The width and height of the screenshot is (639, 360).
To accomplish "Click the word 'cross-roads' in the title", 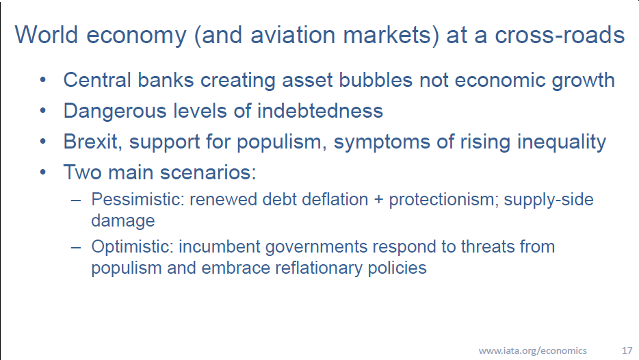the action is tap(560, 35).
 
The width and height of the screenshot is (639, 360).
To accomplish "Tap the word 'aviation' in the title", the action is tap(293, 35).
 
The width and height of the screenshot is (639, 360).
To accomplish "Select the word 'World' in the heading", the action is tap(46, 35).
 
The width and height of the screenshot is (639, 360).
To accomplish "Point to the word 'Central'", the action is tap(97, 80).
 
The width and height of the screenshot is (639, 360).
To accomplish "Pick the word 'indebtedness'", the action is tap(320, 111).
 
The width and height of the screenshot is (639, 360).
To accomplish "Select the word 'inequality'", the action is tap(562, 142).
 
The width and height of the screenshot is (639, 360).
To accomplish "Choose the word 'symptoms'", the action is tap(382, 142).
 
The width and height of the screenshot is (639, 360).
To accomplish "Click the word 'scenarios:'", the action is tap(208, 172).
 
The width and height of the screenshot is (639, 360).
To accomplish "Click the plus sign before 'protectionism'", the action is tap(378, 200).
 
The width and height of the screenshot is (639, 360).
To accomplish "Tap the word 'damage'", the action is tap(123, 221).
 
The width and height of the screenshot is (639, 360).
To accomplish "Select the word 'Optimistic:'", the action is tap(133, 247).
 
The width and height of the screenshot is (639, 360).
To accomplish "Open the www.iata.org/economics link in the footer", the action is tap(533, 350).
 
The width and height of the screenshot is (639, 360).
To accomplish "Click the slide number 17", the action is tap(627, 350).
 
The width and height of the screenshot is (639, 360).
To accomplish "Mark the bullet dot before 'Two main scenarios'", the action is tap(43, 172).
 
